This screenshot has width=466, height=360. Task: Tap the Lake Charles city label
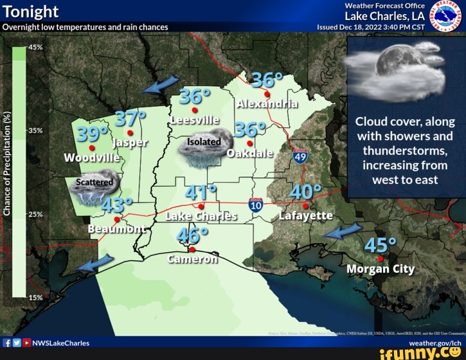(x=201, y=217)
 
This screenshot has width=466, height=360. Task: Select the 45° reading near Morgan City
(x=381, y=246)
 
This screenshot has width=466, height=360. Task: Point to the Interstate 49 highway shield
(x=300, y=156)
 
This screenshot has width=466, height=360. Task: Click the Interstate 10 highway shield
(x=256, y=205)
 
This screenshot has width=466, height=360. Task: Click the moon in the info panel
(x=390, y=63)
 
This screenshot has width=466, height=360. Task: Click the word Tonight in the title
(x=30, y=12)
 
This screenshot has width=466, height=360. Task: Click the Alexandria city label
(x=267, y=104)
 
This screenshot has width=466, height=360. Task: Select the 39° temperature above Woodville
(x=93, y=134)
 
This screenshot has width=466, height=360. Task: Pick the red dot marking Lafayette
(x=305, y=206)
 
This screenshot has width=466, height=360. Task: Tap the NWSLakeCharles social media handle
(x=60, y=343)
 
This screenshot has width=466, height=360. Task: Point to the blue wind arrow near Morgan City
(x=342, y=231)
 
